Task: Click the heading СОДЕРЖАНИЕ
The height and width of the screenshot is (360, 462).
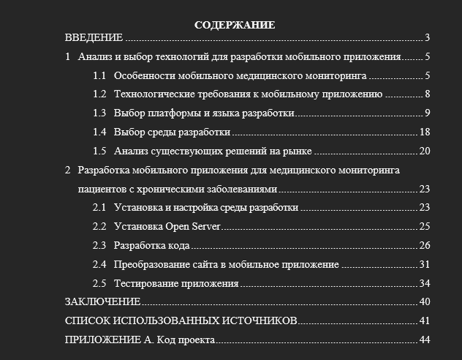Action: click(235, 25)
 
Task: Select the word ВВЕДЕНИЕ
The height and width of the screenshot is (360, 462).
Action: click(94, 38)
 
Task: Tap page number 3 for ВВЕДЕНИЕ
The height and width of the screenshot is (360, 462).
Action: click(427, 38)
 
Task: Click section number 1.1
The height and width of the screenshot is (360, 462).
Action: click(100, 75)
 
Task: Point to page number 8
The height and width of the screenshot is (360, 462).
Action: click(427, 94)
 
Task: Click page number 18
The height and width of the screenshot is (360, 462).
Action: click(425, 132)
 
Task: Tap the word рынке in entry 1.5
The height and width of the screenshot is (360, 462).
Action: click(298, 151)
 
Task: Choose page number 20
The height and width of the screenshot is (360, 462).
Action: click(425, 151)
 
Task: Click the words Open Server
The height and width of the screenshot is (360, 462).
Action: click(193, 226)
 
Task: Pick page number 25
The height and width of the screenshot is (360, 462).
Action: click(425, 226)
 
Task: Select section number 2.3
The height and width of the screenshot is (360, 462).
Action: click(100, 245)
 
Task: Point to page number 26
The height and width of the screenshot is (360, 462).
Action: click(425, 245)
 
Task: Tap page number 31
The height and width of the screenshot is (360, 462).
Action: click(425, 264)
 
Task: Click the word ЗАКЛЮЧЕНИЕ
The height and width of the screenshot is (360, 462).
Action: click(102, 301)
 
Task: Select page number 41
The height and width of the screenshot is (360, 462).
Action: click(425, 320)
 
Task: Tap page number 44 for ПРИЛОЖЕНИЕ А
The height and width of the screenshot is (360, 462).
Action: click(425, 340)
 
